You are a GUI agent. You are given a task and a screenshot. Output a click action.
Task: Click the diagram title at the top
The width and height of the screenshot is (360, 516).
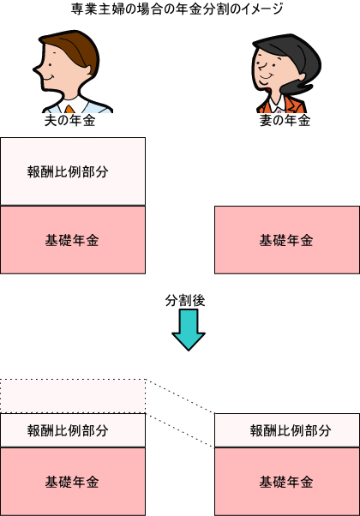(177, 9)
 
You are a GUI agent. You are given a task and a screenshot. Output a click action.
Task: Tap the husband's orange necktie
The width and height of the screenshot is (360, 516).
(69, 109)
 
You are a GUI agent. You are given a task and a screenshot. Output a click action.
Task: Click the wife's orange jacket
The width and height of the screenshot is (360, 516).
(290, 105)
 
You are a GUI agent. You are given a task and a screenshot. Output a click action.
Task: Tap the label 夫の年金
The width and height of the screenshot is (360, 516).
(69, 121)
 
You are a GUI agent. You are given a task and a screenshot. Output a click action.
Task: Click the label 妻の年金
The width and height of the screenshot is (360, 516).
(285, 121)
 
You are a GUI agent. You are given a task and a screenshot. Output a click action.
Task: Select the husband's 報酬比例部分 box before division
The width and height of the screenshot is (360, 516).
(73, 171)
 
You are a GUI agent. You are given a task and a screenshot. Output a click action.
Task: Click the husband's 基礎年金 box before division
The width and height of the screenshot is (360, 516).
(73, 240)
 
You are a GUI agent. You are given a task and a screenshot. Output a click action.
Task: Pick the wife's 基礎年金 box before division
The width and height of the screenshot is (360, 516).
(287, 240)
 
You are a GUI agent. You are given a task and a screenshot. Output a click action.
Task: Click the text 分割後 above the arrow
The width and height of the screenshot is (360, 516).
(185, 301)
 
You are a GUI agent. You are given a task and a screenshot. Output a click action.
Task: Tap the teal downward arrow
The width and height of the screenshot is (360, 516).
(189, 330)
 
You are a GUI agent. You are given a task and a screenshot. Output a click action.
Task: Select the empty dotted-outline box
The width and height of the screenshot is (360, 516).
(73, 396)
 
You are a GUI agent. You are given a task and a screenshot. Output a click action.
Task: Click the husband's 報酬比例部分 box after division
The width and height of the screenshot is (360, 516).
(73, 430)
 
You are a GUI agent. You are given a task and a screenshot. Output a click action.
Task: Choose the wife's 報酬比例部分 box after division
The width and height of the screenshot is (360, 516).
(287, 430)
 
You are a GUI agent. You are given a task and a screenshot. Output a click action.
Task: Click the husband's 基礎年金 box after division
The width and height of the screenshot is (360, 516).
(73, 482)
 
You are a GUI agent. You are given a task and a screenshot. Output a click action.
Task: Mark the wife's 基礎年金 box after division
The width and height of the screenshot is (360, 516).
(287, 482)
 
